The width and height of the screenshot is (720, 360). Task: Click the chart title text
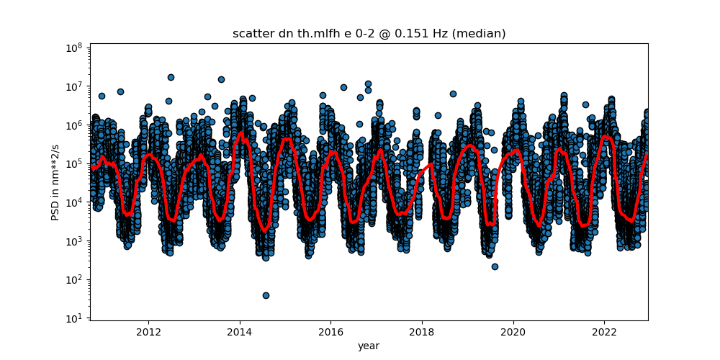pos(369,34)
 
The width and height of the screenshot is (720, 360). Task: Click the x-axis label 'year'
pos(369,346)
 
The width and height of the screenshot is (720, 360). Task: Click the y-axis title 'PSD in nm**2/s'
pos(55,182)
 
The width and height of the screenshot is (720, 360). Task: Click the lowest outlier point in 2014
pos(266,295)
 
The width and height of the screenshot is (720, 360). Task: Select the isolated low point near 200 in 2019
pos(495,266)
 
